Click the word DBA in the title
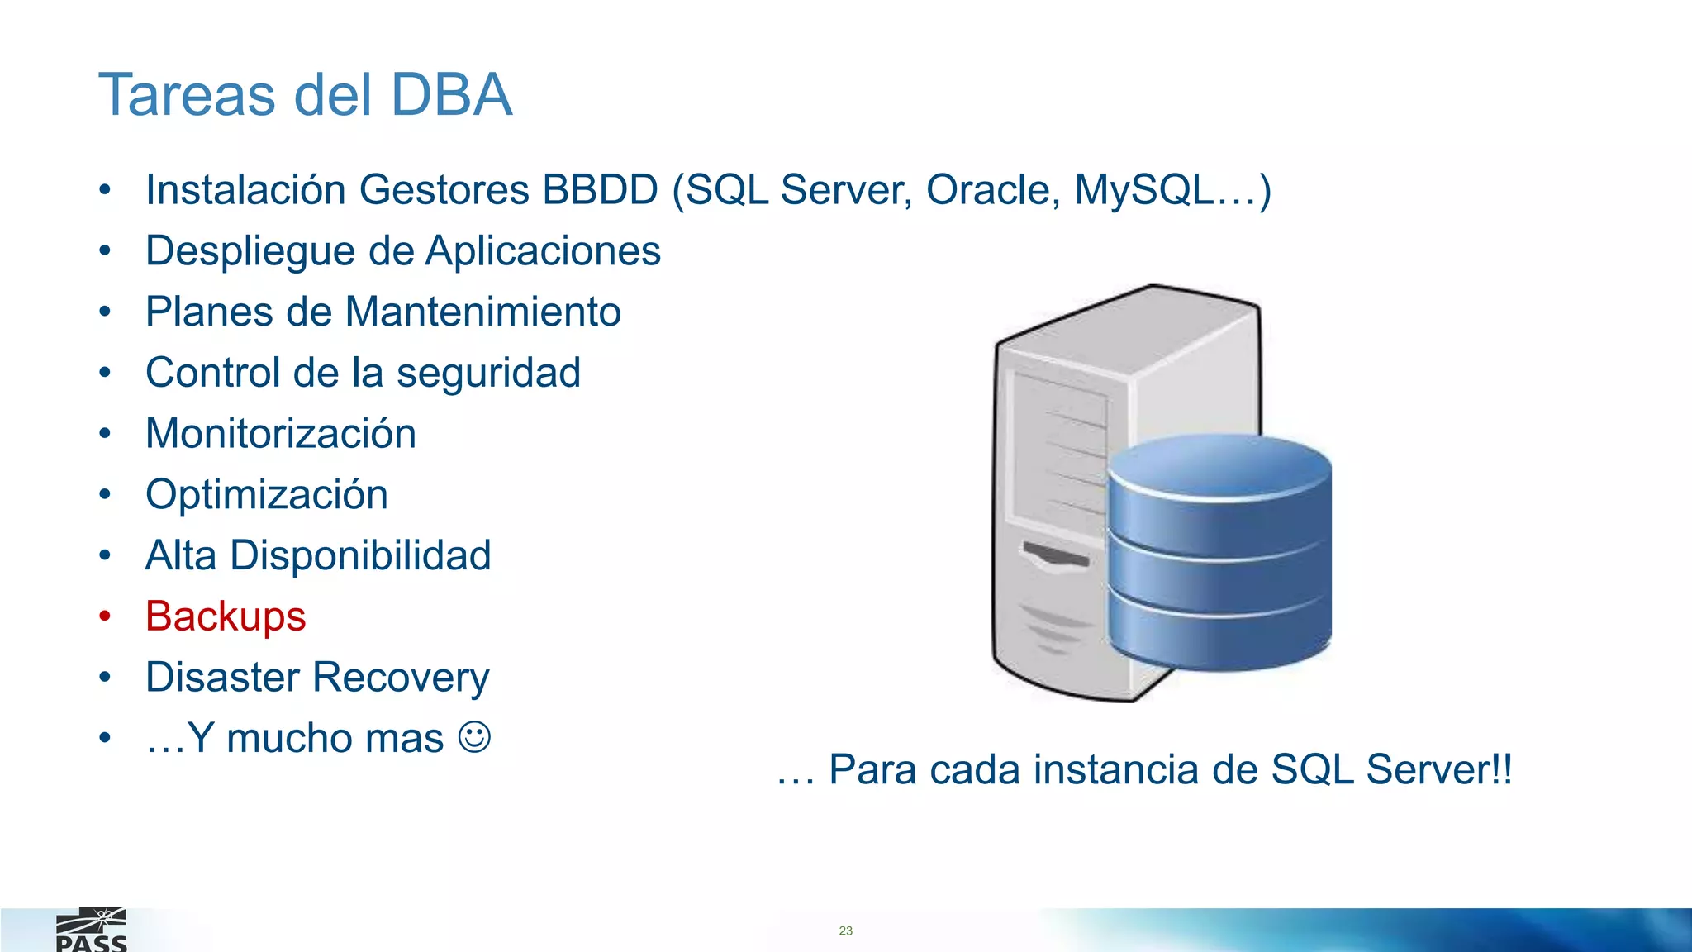451,94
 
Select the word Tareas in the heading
187,94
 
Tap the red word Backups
226,616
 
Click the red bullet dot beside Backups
105,616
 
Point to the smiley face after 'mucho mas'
474,736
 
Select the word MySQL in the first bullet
1143,190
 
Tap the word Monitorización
281,434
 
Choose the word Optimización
267,495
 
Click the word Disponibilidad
360,555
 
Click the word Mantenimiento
483,312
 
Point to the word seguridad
488,374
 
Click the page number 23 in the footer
845,931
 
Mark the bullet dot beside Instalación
105,190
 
